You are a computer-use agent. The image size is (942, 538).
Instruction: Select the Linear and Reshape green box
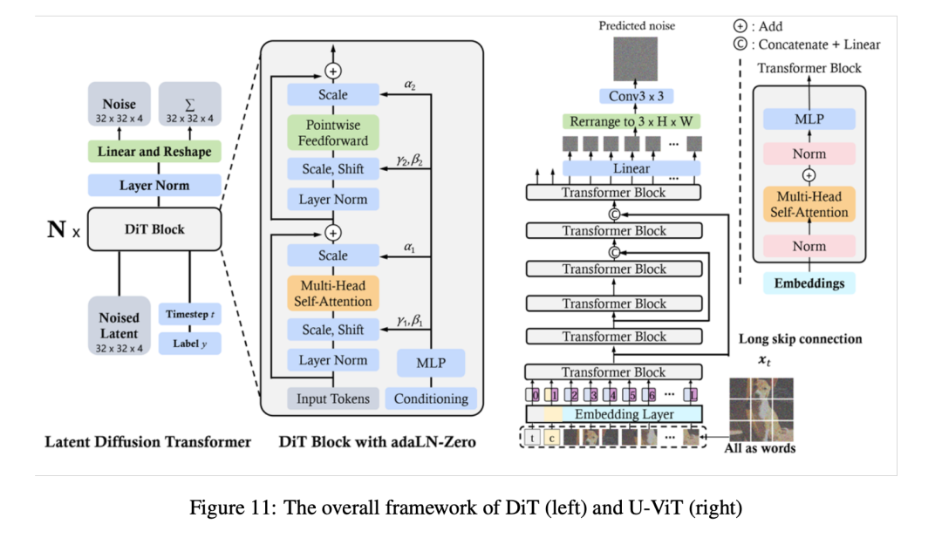click(x=154, y=152)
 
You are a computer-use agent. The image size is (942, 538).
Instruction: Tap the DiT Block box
click(x=154, y=229)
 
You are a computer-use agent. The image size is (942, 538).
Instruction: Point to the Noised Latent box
click(x=119, y=325)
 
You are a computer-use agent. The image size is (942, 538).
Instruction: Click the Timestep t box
click(x=189, y=314)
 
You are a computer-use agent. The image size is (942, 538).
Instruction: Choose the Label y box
click(x=189, y=344)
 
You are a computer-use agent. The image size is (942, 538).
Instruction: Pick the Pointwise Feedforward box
click(x=332, y=133)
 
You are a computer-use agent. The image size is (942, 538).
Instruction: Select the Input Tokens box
click(x=332, y=399)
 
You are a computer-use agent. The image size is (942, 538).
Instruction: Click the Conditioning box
click(x=431, y=399)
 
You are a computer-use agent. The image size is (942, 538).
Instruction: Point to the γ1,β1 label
click(x=409, y=321)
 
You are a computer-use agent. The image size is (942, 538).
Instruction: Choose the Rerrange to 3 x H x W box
click(x=632, y=122)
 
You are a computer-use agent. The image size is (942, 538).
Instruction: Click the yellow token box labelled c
click(x=553, y=436)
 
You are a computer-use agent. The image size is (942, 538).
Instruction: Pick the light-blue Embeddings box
click(x=809, y=283)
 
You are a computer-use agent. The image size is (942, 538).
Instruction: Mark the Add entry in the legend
click(x=759, y=26)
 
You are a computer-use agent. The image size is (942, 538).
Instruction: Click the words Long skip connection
click(x=800, y=339)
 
